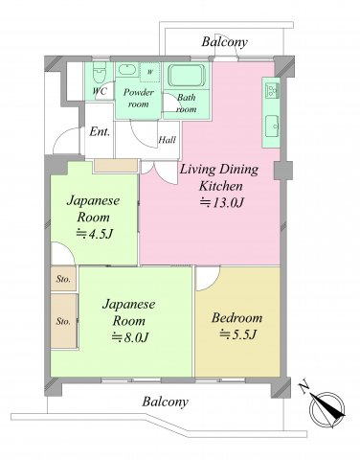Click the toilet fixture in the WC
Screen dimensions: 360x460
[100, 73]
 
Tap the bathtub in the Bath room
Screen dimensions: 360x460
[187, 76]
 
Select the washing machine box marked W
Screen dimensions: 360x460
[150, 72]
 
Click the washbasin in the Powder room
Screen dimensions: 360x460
[126, 69]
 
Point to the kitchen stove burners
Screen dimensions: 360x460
[272, 89]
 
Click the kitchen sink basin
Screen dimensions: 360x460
[272, 126]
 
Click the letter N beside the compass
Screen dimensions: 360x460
[304, 387]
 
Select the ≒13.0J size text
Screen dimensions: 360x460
[222, 202]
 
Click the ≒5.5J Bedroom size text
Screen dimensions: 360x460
[237, 334]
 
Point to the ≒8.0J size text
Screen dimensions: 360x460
[130, 337]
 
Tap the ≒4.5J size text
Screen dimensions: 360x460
[95, 234]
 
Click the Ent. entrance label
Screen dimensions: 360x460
[100, 131]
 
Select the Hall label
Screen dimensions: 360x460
[168, 140]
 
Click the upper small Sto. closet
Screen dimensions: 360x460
[63, 279]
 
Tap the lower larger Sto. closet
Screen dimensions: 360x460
[64, 321]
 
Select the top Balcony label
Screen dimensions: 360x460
[224, 42]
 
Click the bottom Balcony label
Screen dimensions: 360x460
[165, 402]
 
